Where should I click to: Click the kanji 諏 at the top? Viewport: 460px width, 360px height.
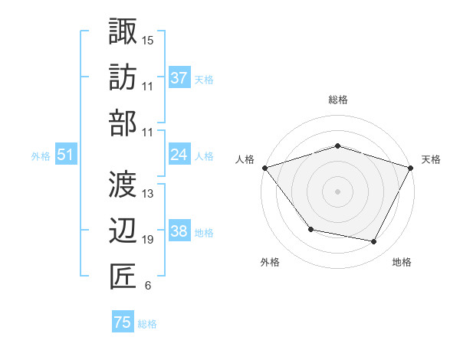tap(123, 31)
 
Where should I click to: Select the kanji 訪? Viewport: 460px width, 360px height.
tap(123, 77)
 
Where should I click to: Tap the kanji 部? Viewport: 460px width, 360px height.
tap(123, 122)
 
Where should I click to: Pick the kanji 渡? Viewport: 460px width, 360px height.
tap(123, 183)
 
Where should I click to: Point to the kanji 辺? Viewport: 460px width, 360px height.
tap(123, 229)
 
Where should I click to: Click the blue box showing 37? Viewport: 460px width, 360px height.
tap(179, 78)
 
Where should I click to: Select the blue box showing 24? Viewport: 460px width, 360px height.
tap(179, 155)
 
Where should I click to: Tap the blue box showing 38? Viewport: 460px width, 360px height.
tap(179, 231)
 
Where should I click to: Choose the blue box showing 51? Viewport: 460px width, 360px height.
tap(65, 155)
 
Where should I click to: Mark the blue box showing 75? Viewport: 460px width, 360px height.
tap(123, 322)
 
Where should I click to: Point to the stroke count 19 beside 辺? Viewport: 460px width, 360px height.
tap(148, 240)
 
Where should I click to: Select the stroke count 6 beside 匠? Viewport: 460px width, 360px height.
tap(147, 286)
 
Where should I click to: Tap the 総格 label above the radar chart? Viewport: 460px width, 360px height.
tap(338, 100)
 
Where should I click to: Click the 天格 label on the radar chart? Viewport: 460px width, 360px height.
tap(431, 159)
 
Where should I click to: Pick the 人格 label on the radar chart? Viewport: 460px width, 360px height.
tap(245, 159)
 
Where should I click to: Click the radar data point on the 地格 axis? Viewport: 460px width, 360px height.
tap(374, 242)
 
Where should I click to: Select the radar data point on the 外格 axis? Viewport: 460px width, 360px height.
tap(310, 229)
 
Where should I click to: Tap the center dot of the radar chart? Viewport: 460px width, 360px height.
tap(338, 191)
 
